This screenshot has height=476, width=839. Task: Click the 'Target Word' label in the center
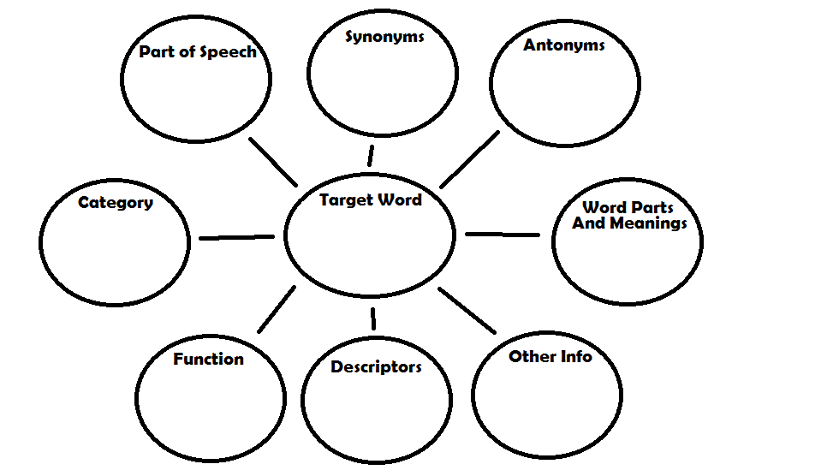coord(370,200)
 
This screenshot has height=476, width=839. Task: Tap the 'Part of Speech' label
coord(197,52)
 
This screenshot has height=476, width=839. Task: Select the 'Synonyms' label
coord(384,38)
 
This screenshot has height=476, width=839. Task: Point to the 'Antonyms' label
coord(563,45)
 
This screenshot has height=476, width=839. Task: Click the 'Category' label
coord(116,203)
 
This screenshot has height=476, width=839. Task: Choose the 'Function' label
coord(208,360)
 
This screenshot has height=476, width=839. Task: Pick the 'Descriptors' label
coord(376,367)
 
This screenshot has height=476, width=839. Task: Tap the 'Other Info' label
coord(550,357)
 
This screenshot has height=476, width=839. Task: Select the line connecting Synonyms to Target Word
coord(371,156)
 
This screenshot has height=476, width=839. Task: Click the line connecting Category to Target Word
coord(236,237)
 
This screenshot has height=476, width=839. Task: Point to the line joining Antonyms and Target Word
coord(469,159)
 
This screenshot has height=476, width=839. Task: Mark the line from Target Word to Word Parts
coord(503,234)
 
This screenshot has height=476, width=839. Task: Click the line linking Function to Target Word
coord(277,309)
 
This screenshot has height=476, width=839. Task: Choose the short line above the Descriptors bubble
coord(373,318)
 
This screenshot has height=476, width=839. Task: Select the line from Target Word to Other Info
coord(467,310)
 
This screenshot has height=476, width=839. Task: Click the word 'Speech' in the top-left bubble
coord(228,52)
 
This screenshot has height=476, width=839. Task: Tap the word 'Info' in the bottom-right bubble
coord(575,357)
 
